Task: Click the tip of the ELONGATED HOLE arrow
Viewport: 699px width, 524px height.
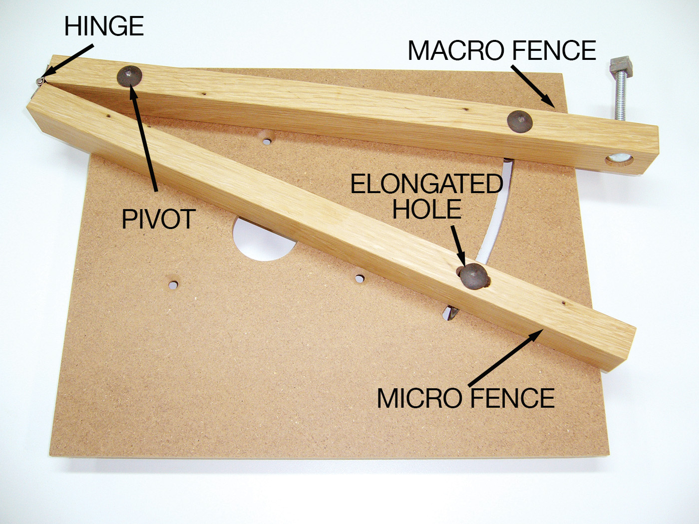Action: (465, 267)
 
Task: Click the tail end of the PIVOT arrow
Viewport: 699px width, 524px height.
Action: (156, 192)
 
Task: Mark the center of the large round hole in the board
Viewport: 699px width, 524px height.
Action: (264, 239)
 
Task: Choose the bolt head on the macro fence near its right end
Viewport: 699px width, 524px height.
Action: (520, 121)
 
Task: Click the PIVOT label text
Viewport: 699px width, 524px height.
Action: (158, 219)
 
